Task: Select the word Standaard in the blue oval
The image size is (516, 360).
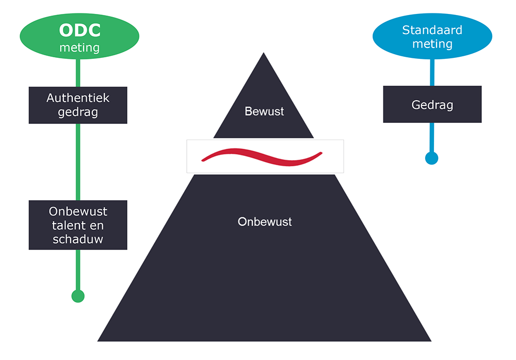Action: (x=432, y=29)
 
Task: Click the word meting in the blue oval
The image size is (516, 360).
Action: (x=432, y=44)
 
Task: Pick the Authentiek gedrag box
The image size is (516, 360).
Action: (x=78, y=105)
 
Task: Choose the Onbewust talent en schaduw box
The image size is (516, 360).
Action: (x=78, y=225)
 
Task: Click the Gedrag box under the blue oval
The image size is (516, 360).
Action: (x=432, y=104)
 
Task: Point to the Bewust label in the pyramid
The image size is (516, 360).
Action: (x=264, y=111)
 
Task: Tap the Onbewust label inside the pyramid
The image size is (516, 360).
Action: (x=265, y=222)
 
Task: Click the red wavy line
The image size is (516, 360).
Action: (x=263, y=155)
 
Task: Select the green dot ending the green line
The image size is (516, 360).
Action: (x=77, y=296)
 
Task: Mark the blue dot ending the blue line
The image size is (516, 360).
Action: (x=431, y=158)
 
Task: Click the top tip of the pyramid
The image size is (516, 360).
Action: (x=264, y=54)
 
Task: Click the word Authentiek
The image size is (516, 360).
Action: (x=78, y=98)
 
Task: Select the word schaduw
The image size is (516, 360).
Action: (x=78, y=239)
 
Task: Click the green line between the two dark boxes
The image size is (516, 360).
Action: (x=78, y=162)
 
